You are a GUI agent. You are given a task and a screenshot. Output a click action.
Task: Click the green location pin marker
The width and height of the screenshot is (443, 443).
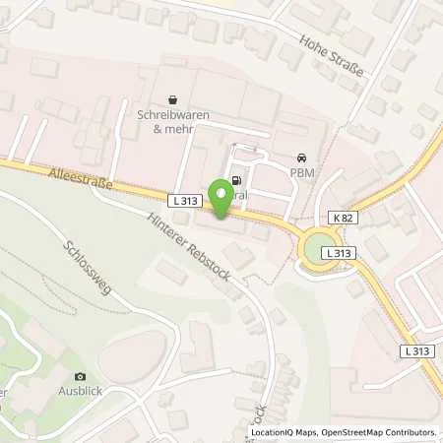222,200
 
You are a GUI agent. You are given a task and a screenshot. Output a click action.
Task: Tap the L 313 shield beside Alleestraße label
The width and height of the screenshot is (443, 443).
190,201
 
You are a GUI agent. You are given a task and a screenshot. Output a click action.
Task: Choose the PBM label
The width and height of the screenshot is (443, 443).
300,172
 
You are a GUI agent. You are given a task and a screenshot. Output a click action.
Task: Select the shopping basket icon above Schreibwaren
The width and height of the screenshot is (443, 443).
173,99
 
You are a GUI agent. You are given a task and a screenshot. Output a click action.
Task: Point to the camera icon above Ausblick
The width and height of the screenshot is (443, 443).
80,376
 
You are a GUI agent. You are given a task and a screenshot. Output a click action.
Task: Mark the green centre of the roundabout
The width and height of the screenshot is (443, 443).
320,250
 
